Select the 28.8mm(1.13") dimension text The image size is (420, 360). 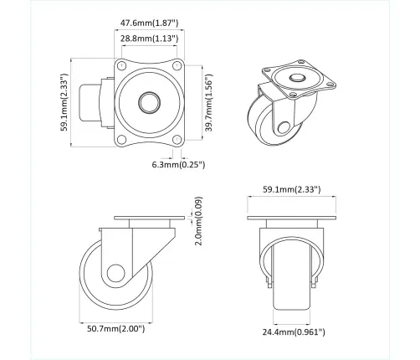coord(147,39)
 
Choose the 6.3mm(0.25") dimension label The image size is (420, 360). coord(179,164)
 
